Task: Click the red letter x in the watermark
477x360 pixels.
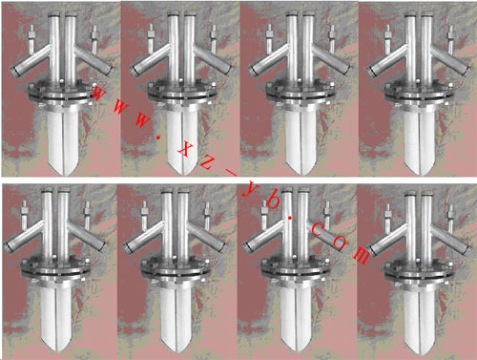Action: click(x=185, y=149)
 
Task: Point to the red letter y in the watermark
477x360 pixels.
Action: click(x=250, y=189)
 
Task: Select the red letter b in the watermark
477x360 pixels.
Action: click(x=271, y=201)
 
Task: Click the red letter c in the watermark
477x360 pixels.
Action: click(x=318, y=230)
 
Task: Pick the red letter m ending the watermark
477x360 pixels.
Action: click(x=361, y=255)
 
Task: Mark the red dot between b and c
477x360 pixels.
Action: click(x=290, y=218)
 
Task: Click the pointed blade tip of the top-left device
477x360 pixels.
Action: click(x=64, y=174)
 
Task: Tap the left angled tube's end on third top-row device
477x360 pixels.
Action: click(x=254, y=70)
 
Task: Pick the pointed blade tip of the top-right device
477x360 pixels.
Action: click(x=420, y=174)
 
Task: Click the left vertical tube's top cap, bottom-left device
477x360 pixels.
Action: click(x=47, y=190)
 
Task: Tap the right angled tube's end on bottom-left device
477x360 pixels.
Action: click(x=101, y=245)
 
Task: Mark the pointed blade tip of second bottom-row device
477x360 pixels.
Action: click(x=176, y=351)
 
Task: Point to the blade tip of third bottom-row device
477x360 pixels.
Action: click(x=297, y=351)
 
